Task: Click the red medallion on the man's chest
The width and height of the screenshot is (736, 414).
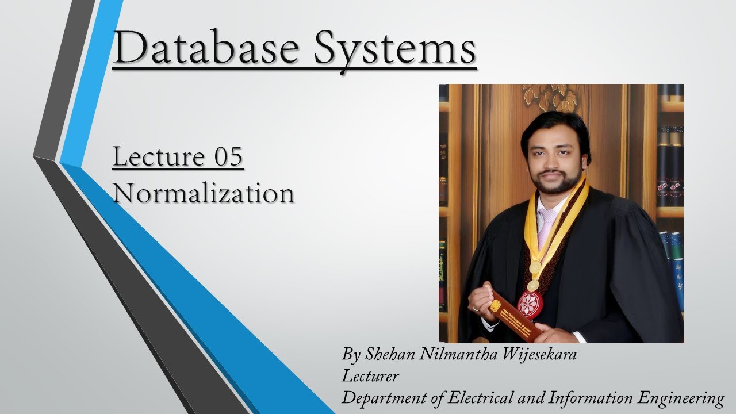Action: [530, 304]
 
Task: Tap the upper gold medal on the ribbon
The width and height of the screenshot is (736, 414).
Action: [535, 267]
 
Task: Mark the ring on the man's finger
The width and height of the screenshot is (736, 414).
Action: [477, 308]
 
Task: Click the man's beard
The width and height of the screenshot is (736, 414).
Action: [555, 181]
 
